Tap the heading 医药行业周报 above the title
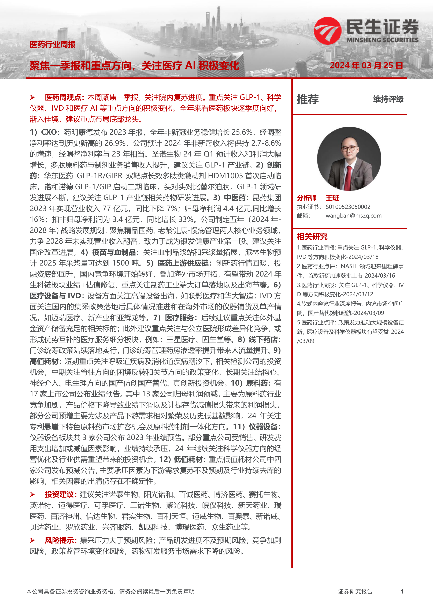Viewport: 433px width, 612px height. click(x=53, y=44)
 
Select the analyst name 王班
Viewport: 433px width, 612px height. click(x=332, y=198)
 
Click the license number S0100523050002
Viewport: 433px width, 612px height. click(x=348, y=207)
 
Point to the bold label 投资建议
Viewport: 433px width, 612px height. click(x=59, y=494)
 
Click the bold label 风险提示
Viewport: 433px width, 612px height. click(x=59, y=540)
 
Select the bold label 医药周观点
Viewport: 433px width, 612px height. click(x=63, y=97)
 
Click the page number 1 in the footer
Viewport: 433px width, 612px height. click(x=402, y=591)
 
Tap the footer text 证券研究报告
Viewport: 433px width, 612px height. click(x=355, y=591)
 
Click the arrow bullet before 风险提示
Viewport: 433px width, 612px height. click(x=32, y=540)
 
